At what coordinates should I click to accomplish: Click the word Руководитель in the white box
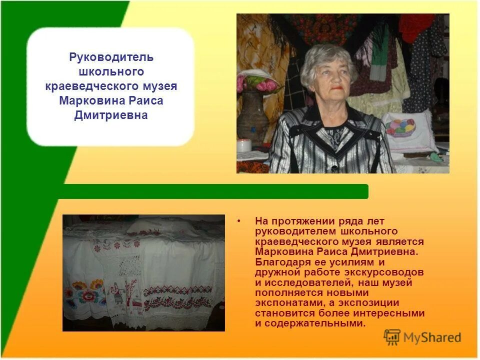click(x=111, y=57)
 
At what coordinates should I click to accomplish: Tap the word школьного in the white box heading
click(x=111, y=72)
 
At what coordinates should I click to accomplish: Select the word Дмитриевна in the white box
click(x=111, y=115)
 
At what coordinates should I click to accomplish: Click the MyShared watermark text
click(x=432, y=338)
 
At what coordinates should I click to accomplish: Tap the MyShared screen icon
click(x=392, y=337)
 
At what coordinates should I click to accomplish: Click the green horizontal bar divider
click(x=215, y=191)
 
